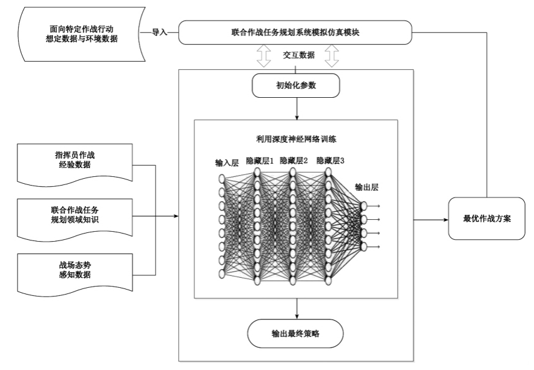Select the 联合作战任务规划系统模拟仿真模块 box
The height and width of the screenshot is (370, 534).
click(x=295, y=32)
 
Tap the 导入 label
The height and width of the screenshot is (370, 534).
click(x=160, y=31)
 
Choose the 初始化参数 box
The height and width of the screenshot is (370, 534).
click(x=297, y=85)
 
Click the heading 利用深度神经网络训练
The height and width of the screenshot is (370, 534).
click(x=297, y=139)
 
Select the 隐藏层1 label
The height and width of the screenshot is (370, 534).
click(x=259, y=161)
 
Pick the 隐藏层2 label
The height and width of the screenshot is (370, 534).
click(x=294, y=161)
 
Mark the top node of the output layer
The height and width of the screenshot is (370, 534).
click(x=364, y=205)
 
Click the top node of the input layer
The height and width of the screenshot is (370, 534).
click(x=221, y=178)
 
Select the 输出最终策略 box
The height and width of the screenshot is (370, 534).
click(x=297, y=334)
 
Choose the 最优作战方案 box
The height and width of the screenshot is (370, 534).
click(x=487, y=219)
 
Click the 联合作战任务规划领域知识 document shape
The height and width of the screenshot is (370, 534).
click(x=76, y=217)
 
